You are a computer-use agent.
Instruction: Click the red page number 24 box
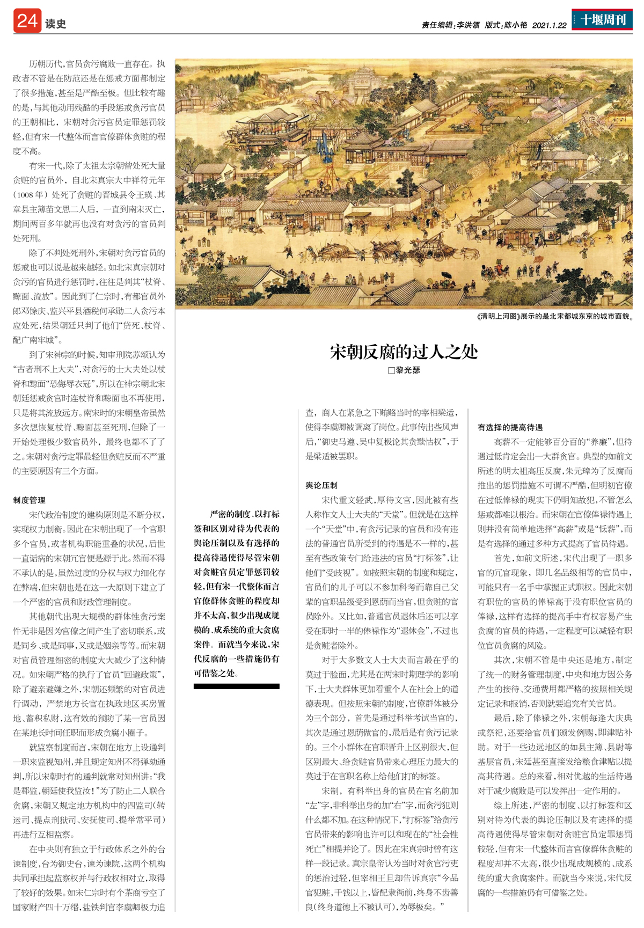(27, 21)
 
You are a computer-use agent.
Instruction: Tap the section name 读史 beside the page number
(56, 24)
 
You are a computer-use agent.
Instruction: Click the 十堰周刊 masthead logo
(602, 20)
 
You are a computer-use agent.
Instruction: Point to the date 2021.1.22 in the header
(550, 25)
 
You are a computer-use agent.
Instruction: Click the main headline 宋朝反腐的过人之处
(404, 352)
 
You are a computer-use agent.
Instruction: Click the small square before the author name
(391, 370)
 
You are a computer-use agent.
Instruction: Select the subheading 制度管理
(30, 500)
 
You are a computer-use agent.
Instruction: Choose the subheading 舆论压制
(321, 485)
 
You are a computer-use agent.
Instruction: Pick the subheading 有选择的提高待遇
(510, 427)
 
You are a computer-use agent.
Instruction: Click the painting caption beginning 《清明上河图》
(554, 316)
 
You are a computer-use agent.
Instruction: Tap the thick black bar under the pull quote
(236, 686)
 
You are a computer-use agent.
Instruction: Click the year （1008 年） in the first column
(33, 194)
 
